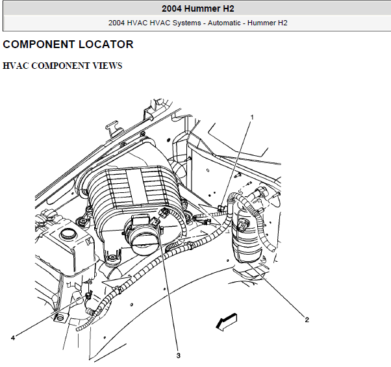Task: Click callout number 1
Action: (x=252, y=117)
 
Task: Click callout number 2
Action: (x=307, y=320)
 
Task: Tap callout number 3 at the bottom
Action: (x=178, y=356)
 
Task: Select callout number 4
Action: (x=13, y=338)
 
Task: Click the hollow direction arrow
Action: (x=226, y=322)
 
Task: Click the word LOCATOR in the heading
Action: (x=106, y=45)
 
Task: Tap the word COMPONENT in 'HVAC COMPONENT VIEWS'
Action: (x=60, y=66)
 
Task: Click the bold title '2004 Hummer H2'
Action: (x=198, y=8)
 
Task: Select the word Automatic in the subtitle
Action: (x=224, y=23)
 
